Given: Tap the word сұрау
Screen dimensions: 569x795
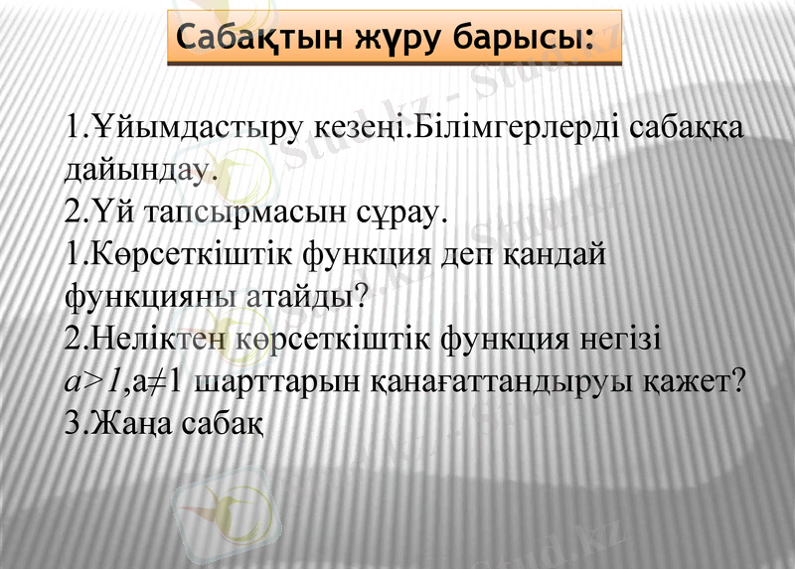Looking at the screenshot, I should (x=405, y=213).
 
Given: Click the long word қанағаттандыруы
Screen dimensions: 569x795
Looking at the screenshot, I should (x=502, y=381).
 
